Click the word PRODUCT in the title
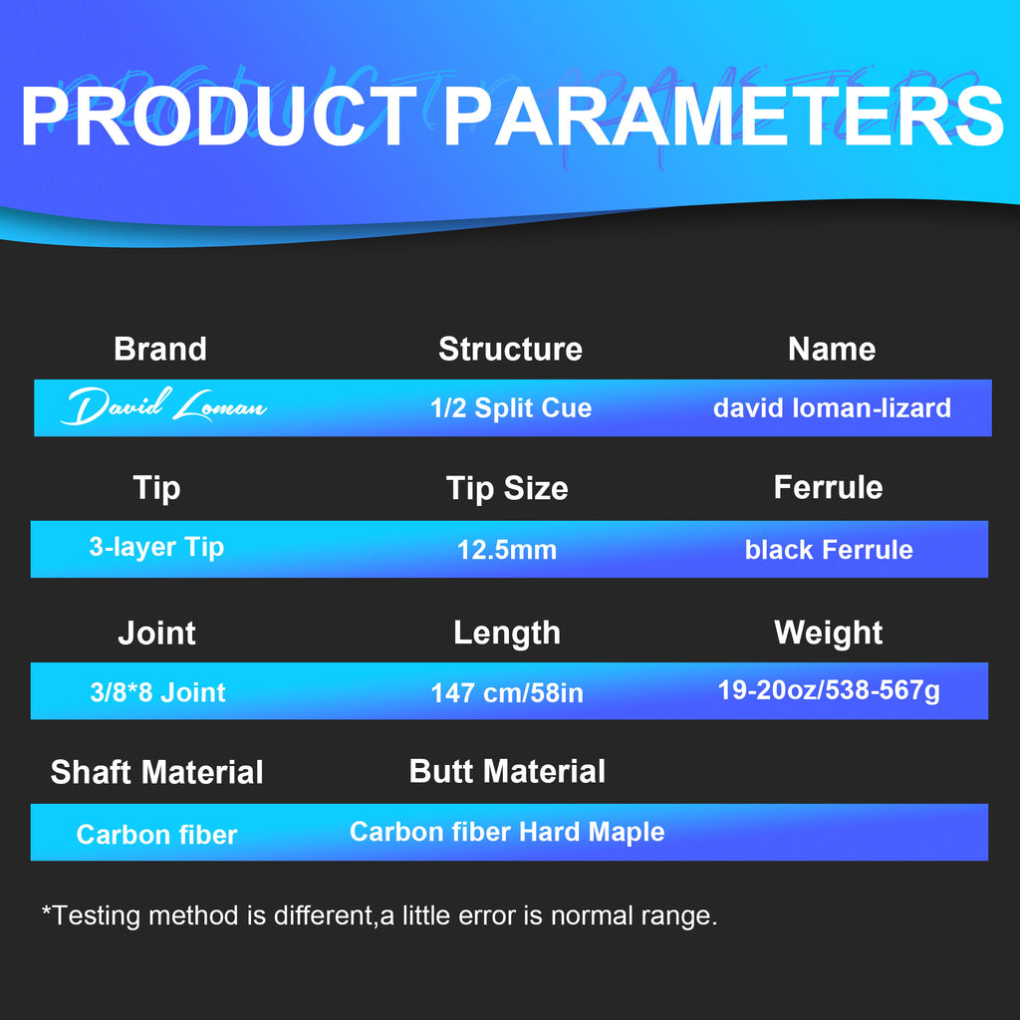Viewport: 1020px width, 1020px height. [218, 117]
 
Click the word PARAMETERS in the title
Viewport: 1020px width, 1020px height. [723, 117]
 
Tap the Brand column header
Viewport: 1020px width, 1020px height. [160, 349]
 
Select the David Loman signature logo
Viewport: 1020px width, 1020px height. [163, 406]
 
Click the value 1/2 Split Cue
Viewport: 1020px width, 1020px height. [511, 407]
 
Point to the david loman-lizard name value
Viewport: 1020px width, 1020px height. [832, 407]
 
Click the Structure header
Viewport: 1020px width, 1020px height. [511, 349]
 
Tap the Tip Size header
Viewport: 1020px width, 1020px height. [507, 488]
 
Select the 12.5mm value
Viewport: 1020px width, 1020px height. [507, 550]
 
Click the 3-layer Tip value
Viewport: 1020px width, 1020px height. [156, 548]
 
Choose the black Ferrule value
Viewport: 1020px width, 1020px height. [829, 550]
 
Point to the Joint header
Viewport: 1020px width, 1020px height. [156, 633]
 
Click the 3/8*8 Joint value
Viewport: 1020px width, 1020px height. [158, 692]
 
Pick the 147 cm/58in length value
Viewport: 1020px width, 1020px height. [507, 693]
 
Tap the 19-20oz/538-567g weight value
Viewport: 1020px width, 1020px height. [829, 691]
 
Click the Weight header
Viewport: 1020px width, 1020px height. [828, 633]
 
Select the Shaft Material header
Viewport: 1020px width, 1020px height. [156, 772]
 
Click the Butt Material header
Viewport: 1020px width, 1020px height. [507, 772]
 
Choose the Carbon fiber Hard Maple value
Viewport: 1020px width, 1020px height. [507, 832]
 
